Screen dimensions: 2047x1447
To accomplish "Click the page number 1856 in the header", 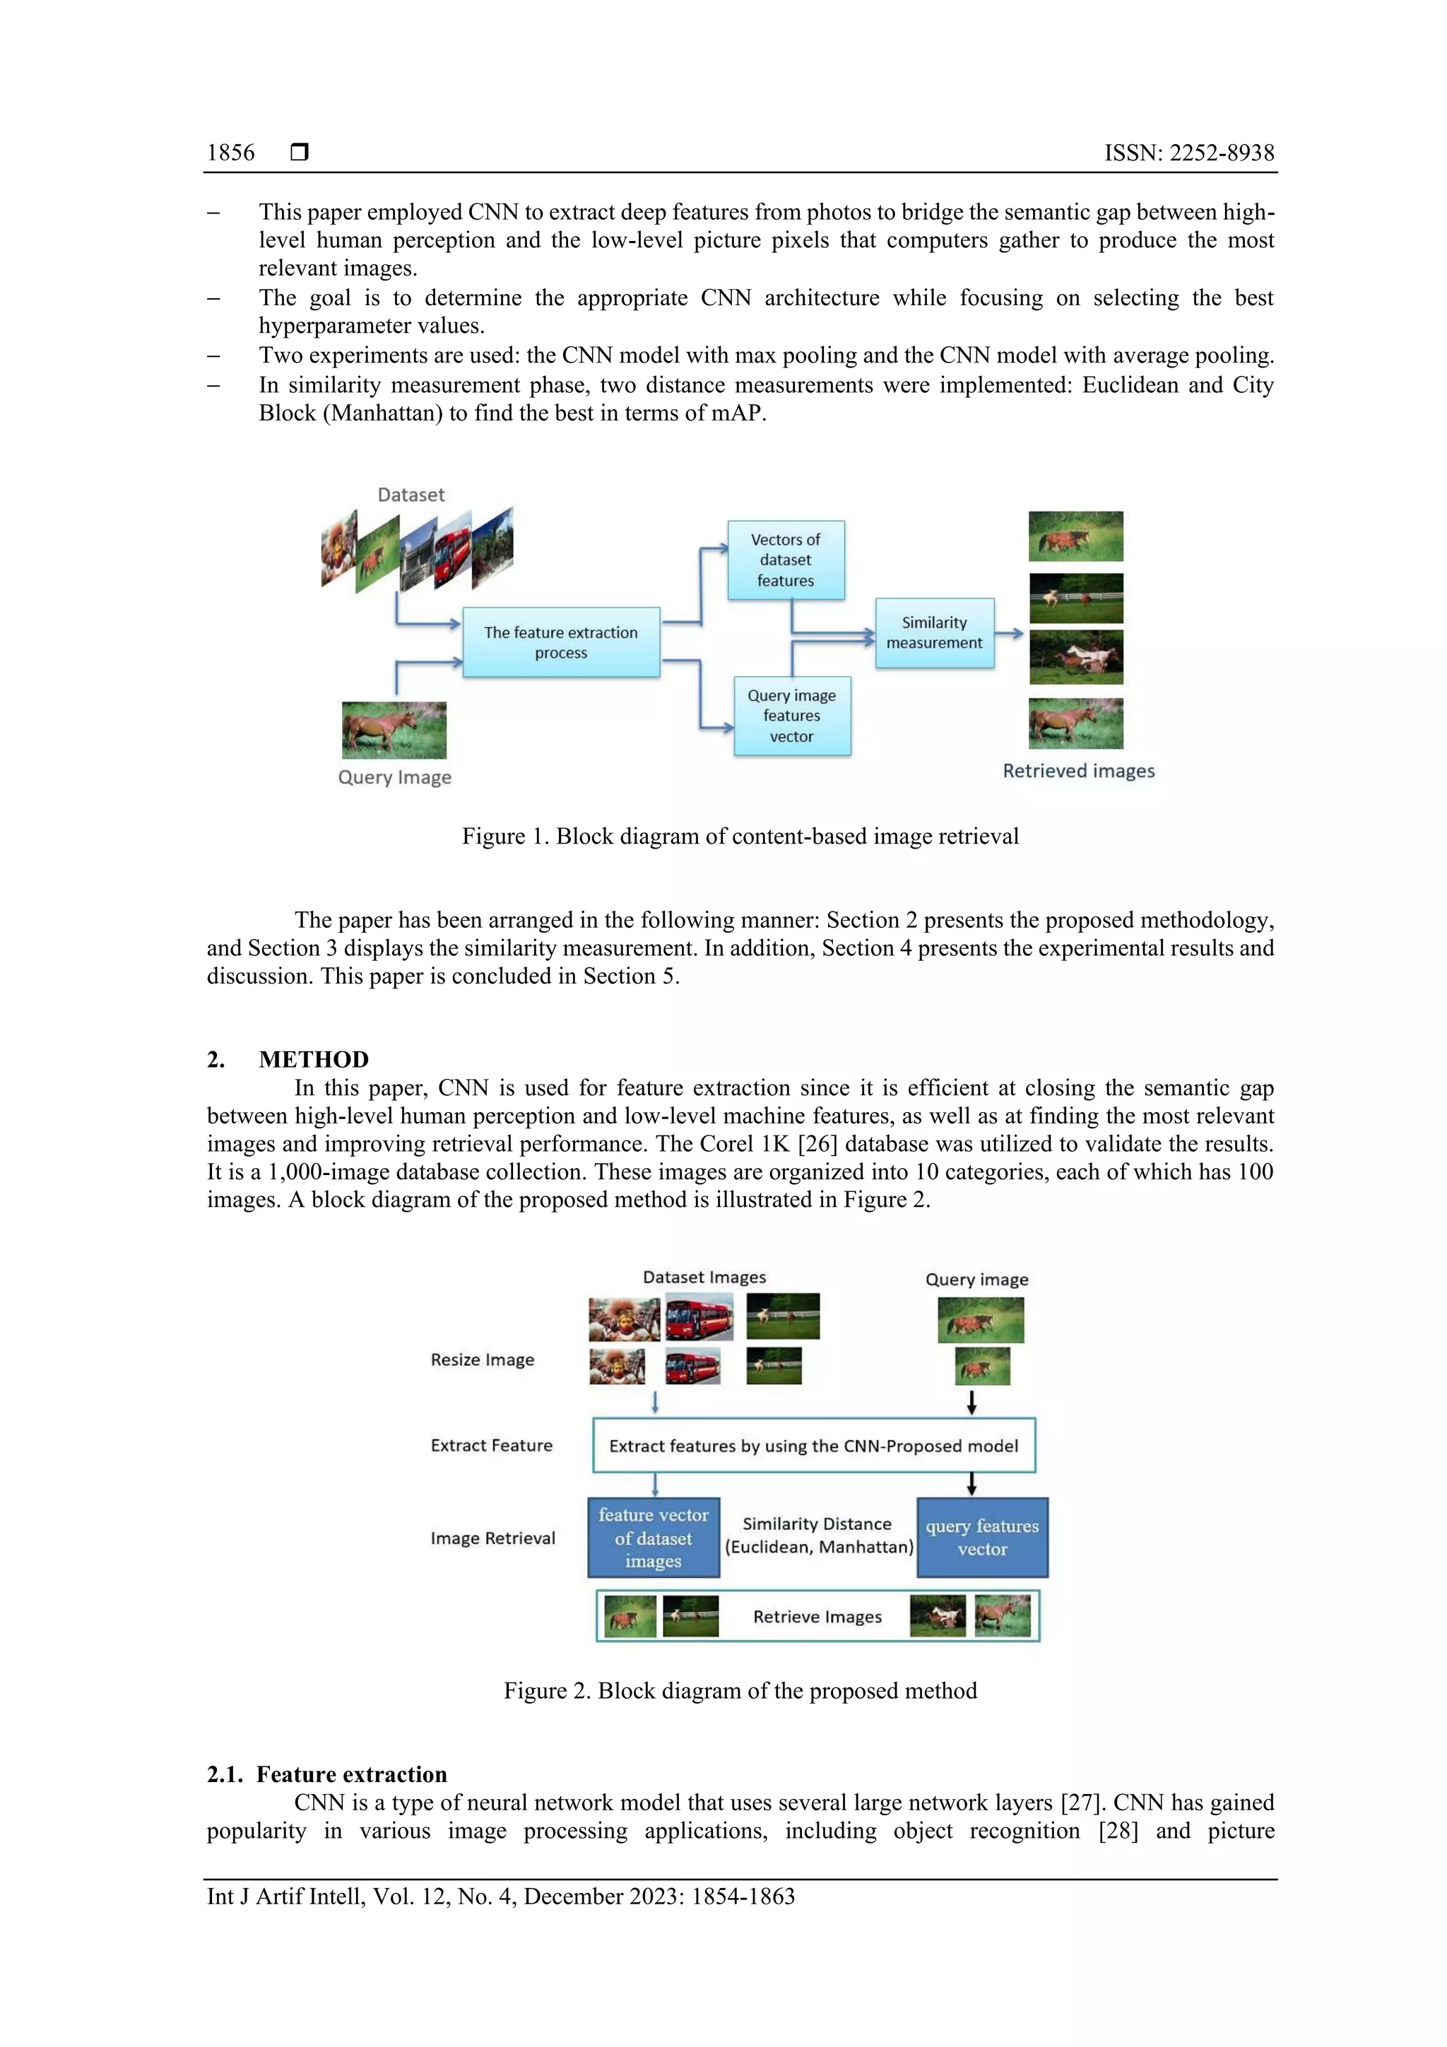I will pyautogui.click(x=230, y=153).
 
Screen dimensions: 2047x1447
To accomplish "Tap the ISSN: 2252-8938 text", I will pyautogui.click(x=1188, y=153).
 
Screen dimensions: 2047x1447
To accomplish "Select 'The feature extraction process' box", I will pyautogui.click(x=561, y=642).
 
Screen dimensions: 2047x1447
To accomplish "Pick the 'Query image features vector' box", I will pyautogui.click(x=792, y=716).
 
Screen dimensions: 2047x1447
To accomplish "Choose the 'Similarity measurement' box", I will pyautogui.click(x=933, y=633).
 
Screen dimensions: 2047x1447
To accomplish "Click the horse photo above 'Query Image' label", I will pyautogui.click(x=394, y=729).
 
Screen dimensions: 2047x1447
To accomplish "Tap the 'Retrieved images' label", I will pyautogui.click(x=1078, y=771).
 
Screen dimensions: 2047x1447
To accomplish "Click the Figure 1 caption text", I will pyautogui.click(x=739, y=837).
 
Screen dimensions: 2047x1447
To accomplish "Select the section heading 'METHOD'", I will pyautogui.click(x=313, y=1059).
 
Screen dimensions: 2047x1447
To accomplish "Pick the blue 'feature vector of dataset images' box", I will pyautogui.click(x=653, y=1538).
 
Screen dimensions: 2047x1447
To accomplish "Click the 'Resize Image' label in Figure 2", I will pyautogui.click(x=483, y=1359).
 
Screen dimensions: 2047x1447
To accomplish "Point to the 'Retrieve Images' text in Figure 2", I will pyautogui.click(x=817, y=1617).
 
